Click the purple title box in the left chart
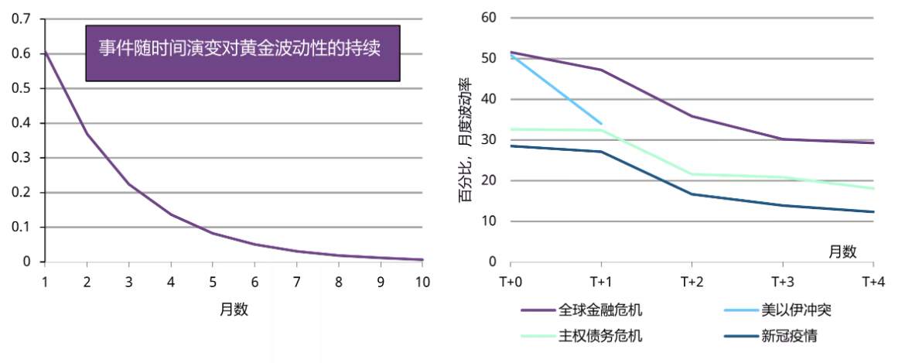pos(242,53)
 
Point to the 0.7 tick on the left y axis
pos(21,19)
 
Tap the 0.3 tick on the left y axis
pos(21,158)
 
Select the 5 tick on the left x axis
pos(212,281)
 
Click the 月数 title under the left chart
pos(234,309)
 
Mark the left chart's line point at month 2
pos(87,134)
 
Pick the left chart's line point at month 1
pos(45,51)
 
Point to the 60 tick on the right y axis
pos(488,17)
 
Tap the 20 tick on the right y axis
pos(488,180)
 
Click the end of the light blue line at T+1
pos(602,124)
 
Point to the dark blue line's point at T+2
pos(692,193)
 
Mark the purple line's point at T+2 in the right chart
pos(692,116)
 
